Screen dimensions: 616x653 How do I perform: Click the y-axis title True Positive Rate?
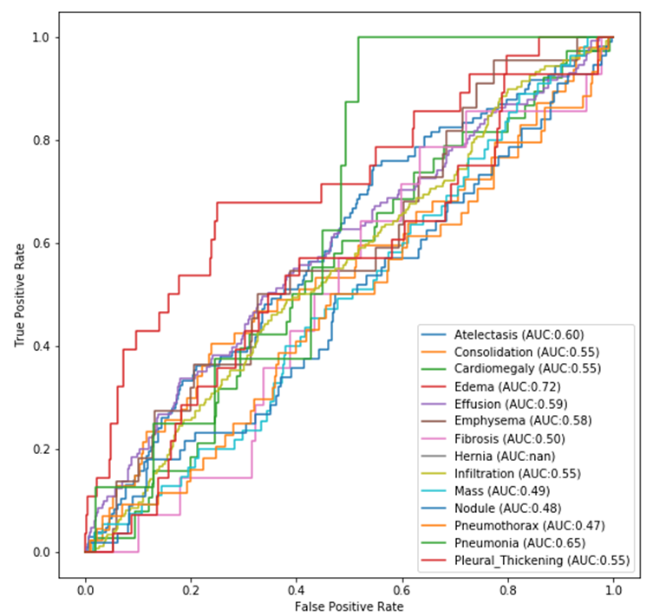19,295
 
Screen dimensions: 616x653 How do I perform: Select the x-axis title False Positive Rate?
349,606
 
